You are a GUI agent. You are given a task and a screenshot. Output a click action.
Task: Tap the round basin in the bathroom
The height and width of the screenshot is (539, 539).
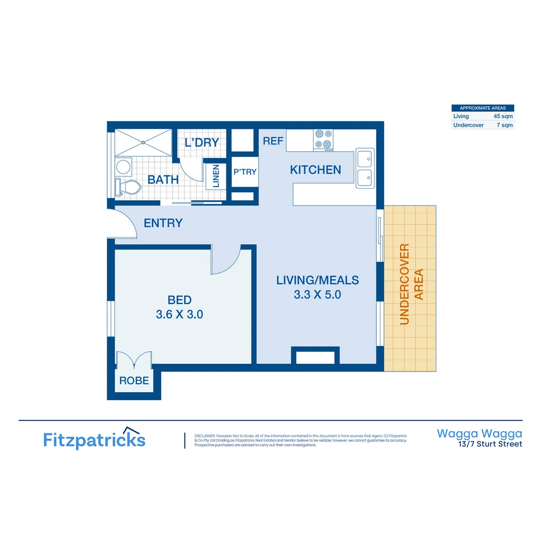(x=123, y=166)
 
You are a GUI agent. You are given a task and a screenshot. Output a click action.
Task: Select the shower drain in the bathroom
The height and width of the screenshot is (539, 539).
(x=143, y=142)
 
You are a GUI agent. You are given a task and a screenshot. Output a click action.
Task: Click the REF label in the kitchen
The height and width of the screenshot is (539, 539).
(x=273, y=141)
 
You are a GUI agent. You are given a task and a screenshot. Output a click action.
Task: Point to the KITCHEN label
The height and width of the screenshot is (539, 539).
(x=315, y=170)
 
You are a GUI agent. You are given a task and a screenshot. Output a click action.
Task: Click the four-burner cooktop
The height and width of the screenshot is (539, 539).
(x=323, y=140)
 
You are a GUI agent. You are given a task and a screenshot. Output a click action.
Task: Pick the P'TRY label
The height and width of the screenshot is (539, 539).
(x=245, y=172)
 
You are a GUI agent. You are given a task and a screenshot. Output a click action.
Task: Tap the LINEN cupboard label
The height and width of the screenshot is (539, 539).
(x=216, y=176)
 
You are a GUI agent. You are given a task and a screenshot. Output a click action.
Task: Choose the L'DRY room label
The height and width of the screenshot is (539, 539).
(x=202, y=142)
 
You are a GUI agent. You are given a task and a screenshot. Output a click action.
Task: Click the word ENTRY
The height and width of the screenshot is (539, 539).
(x=163, y=223)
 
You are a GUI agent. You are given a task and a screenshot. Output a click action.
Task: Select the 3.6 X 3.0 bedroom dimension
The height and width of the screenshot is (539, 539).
(x=179, y=314)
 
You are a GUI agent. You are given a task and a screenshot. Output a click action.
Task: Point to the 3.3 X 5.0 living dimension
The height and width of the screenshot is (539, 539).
(x=317, y=294)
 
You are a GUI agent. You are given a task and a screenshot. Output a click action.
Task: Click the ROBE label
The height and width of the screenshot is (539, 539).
(x=134, y=381)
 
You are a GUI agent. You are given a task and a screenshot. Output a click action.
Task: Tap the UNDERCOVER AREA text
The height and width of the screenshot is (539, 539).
(x=411, y=284)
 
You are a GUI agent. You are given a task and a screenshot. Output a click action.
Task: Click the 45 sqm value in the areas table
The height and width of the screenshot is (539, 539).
(x=503, y=116)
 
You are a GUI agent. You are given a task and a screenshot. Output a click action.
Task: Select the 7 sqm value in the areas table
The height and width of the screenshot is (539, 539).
(x=505, y=125)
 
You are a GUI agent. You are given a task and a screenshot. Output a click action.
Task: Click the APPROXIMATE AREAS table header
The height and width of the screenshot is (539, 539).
(x=483, y=108)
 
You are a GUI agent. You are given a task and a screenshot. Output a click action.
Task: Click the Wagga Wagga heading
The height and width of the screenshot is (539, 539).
(x=480, y=433)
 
